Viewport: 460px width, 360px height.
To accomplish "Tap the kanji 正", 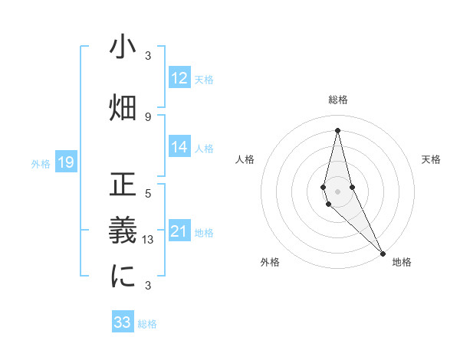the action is point(123,185).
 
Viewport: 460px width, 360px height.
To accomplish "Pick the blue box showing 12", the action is point(179,78).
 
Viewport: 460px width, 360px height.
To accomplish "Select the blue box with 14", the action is point(179,147).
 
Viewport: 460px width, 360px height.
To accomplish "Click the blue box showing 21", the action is point(179,231).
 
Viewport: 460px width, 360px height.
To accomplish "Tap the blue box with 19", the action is point(65,162).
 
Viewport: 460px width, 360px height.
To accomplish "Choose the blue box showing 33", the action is point(123,322).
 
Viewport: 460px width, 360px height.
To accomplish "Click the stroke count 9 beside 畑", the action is point(148,116).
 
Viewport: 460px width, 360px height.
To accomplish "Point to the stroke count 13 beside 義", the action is point(150,239).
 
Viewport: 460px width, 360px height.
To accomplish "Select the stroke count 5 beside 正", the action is point(148,193).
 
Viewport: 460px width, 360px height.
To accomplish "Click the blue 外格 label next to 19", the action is point(41,163).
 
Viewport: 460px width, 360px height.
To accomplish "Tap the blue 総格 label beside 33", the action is point(147,323).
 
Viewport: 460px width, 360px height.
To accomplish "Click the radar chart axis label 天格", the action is point(431,159).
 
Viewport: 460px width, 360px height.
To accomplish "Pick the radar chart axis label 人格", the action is point(245,159).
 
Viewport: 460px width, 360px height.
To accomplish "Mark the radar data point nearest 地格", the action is point(383,252).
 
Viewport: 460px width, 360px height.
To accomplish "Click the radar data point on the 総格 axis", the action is point(337,129).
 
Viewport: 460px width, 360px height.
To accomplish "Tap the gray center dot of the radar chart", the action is point(337,191).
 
